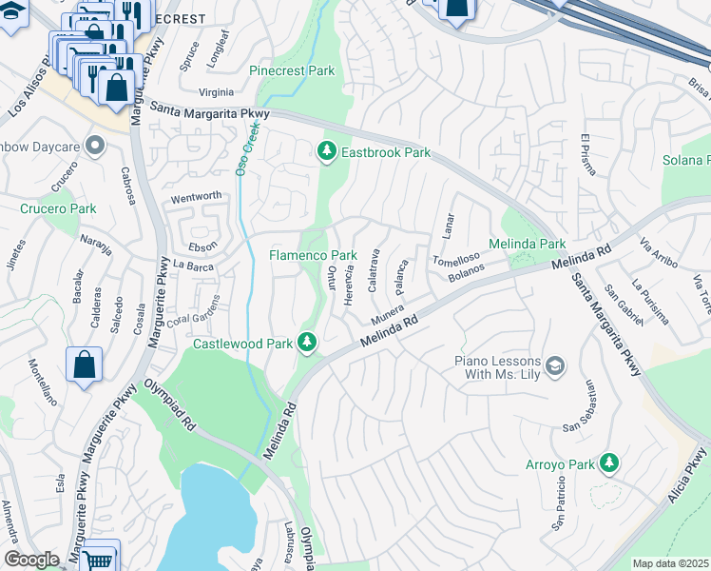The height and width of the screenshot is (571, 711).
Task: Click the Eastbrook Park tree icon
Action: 327,151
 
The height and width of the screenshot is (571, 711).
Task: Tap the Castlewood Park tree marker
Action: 307,342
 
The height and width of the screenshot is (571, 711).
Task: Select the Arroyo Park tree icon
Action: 608,463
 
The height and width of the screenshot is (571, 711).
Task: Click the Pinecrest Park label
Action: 292,70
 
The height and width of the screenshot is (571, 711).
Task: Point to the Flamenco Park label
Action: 313,255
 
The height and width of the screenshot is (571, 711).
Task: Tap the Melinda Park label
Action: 527,245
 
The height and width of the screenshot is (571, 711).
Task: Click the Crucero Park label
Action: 58,208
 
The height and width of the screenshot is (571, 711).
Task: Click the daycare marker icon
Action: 95,146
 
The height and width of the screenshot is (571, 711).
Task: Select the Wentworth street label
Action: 196,197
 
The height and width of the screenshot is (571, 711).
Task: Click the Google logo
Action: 31,560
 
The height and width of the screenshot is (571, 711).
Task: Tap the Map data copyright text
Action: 670,563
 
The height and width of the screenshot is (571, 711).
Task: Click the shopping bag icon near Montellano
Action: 85,364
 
